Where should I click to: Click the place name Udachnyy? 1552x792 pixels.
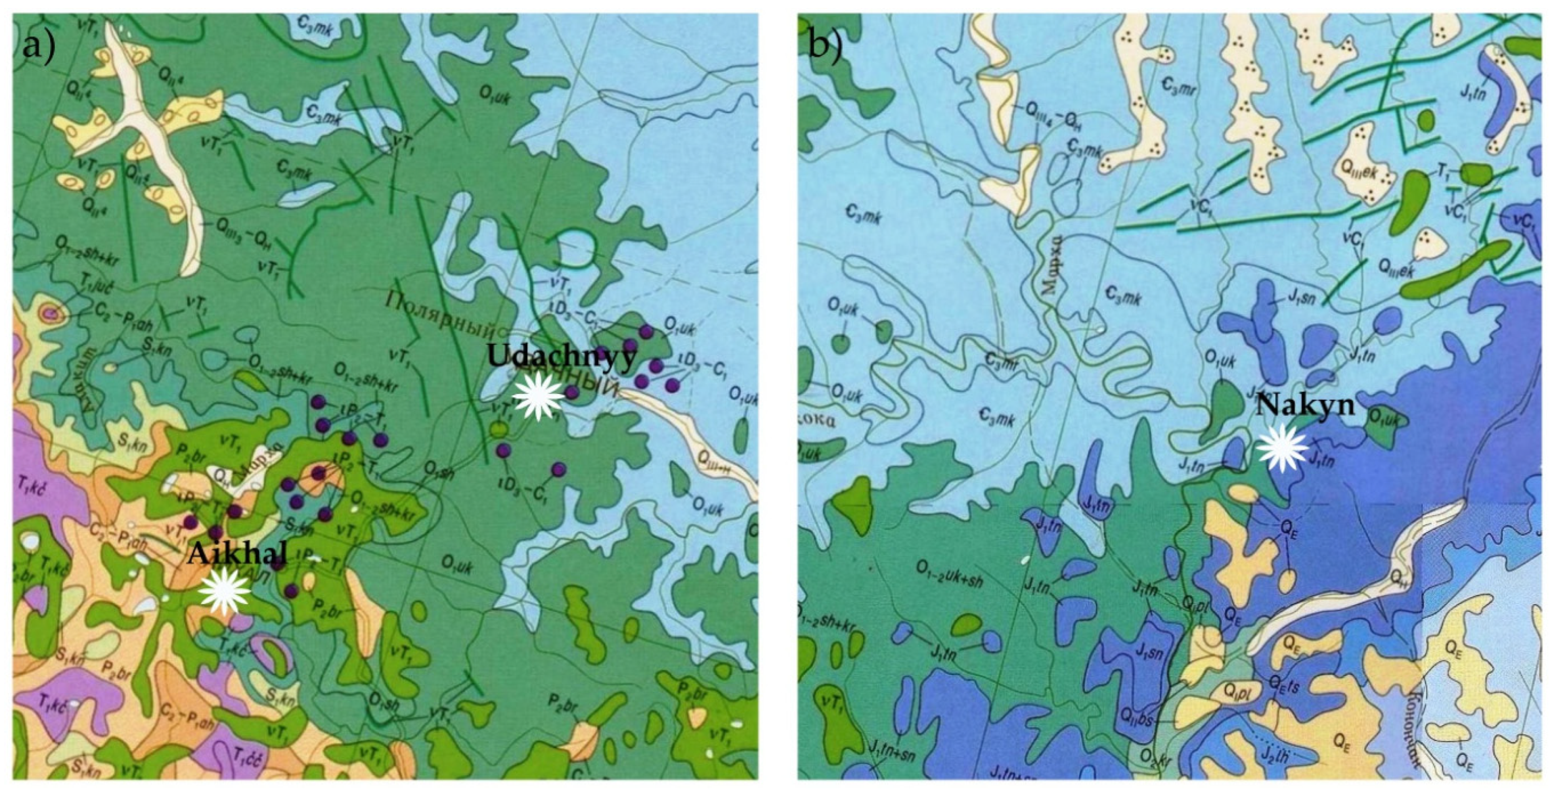coord(561,357)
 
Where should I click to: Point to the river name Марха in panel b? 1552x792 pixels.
coord(1050,266)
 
